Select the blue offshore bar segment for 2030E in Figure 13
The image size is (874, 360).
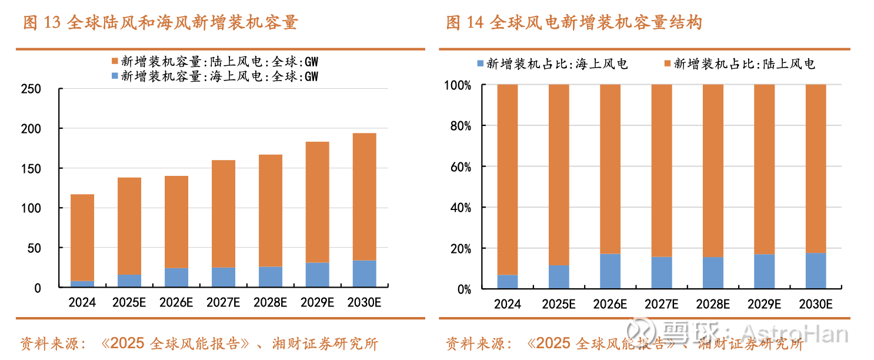[x=365, y=274]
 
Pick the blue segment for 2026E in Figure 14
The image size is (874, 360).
[x=610, y=271]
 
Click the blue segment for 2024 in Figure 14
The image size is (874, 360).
[x=508, y=282]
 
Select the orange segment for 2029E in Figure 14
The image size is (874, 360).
[x=764, y=169]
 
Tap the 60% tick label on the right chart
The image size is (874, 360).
[x=459, y=167]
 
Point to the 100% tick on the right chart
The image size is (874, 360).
[x=457, y=85]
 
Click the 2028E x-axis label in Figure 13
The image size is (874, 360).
[x=271, y=303]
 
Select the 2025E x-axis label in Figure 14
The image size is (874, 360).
[x=559, y=304]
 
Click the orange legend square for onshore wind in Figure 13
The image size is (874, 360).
[x=114, y=62]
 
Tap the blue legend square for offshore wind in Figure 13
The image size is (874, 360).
[x=114, y=76]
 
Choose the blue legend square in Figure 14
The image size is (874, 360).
[x=479, y=64]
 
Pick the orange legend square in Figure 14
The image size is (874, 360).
[x=667, y=64]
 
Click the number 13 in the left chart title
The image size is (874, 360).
[x=52, y=23]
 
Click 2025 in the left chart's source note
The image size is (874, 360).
[x=126, y=343]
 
